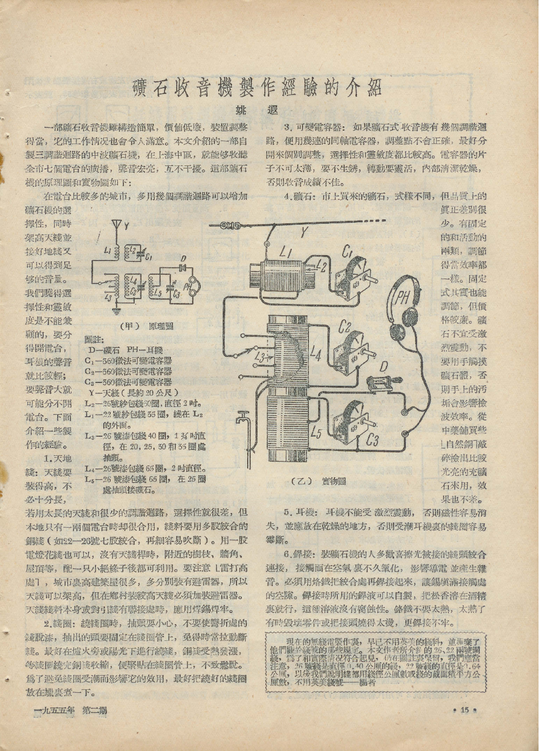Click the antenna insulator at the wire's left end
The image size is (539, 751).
pyautogui.click(x=229, y=226)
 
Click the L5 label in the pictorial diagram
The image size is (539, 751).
pyautogui.click(x=316, y=433)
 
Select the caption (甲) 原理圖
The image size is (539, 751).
pyautogui.click(x=146, y=327)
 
